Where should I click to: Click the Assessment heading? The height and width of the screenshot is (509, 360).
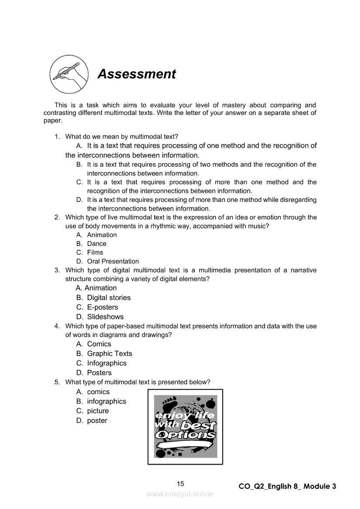136,74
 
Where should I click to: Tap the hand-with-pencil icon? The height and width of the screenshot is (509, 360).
67,74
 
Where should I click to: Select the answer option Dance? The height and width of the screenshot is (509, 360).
96,244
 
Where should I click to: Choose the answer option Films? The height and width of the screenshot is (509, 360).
95,253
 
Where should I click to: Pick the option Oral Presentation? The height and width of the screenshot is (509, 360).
113,261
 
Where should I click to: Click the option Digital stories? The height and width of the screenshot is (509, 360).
109,298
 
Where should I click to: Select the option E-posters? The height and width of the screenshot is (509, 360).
102,307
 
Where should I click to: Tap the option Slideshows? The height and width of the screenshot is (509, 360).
105,317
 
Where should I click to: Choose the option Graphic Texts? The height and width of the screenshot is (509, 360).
109,354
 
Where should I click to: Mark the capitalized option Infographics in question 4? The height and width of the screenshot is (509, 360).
107,363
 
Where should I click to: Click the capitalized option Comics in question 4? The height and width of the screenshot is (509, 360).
99,344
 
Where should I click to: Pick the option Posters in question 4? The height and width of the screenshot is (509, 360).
99,373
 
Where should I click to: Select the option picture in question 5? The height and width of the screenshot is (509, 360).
98,411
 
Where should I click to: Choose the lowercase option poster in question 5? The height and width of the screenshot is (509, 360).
97,421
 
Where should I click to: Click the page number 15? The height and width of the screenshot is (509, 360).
180,484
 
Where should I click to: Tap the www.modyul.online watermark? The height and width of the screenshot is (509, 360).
180,494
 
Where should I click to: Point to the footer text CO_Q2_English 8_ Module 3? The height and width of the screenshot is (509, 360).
287,486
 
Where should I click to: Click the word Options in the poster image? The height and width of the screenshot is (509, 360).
185,435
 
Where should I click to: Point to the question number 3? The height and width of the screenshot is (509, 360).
57,270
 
